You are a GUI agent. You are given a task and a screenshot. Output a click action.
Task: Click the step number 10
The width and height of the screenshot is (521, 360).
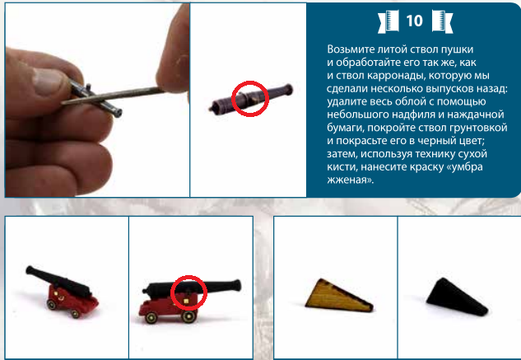point(414,21)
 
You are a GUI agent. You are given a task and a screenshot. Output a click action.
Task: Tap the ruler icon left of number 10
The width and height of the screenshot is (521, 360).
point(388,21)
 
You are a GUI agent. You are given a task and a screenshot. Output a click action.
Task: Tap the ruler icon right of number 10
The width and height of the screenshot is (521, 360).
point(442,21)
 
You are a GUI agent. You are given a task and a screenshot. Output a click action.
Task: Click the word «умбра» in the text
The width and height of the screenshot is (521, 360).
point(467,166)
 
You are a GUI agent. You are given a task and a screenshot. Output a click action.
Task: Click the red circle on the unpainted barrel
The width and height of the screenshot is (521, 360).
point(250,82)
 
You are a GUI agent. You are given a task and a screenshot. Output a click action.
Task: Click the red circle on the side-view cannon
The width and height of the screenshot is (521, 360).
point(188,277)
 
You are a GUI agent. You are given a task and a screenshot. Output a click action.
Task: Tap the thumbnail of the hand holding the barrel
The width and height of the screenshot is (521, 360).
point(97,100)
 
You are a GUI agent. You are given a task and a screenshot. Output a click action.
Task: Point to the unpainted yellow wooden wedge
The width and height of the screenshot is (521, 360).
point(339,296)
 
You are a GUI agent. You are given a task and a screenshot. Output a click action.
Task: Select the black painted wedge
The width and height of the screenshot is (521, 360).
point(457,297)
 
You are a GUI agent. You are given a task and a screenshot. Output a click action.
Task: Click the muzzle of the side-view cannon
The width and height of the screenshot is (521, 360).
point(237,286)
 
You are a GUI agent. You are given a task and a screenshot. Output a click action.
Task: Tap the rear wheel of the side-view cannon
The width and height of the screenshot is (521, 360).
point(151,318)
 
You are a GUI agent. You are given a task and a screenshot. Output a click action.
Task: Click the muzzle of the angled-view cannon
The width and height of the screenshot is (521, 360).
point(30,269)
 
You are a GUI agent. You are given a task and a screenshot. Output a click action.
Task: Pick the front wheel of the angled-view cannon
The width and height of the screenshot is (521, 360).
point(52,305)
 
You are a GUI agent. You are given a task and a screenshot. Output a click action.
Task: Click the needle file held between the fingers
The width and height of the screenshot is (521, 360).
point(112,96)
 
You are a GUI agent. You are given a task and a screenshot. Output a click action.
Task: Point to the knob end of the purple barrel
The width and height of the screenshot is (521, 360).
point(288,89)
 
